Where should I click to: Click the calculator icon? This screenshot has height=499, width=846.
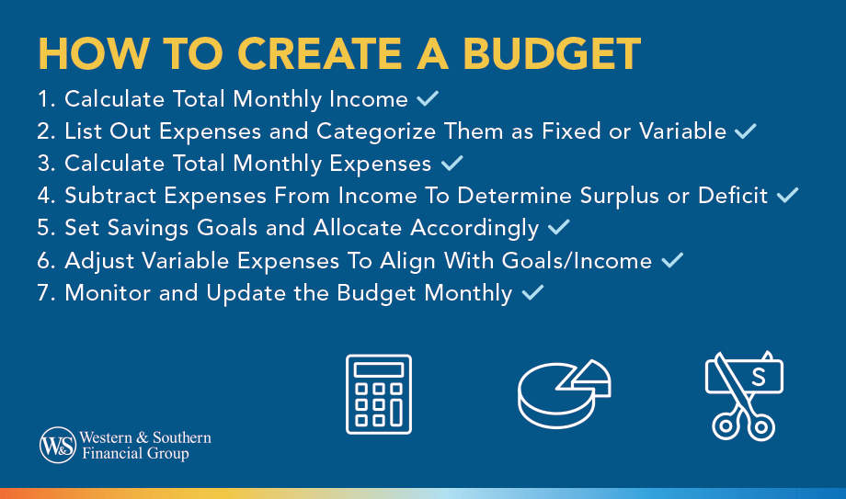click(x=379, y=393)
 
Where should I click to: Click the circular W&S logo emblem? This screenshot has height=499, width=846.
click(x=57, y=446)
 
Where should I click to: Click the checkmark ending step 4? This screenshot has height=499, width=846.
click(x=788, y=195)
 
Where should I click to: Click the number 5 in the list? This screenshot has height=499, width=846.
click(x=45, y=228)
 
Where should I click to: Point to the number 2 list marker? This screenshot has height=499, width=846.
click(x=45, y=131)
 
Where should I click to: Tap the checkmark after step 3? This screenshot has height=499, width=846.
click(x=452, y=164)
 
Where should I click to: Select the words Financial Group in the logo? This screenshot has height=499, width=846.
click(x=135, y=454)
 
